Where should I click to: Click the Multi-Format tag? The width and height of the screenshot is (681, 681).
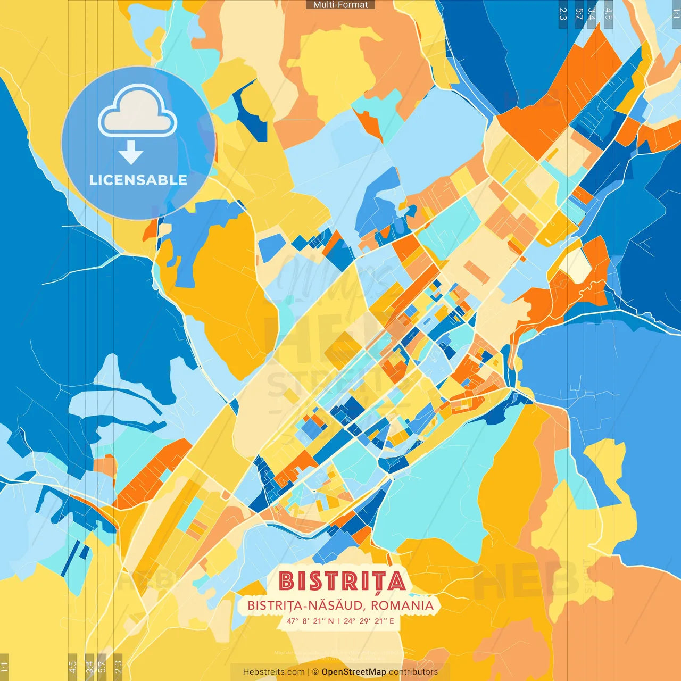coord(340,5)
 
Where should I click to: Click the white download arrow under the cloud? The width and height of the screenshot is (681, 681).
coord(131,153)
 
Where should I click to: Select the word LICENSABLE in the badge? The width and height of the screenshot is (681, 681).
coord(138,180)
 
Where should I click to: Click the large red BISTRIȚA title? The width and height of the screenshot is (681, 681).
coord(342,581)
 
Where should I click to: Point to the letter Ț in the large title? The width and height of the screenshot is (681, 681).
coord(376,582)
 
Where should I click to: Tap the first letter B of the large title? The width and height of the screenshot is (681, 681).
coord(287,581)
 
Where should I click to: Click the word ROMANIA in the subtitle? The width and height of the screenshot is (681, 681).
coord(402,605)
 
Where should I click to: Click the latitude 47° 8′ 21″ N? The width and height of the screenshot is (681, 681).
coord(310,621)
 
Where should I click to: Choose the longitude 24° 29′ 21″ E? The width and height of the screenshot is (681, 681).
coord(369,621)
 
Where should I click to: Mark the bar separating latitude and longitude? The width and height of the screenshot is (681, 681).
coord(338,621)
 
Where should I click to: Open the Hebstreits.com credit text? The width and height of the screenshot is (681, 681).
coord(274,672)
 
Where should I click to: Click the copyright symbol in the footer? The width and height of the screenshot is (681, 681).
coord(315,672)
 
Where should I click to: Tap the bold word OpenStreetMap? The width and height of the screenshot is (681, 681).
coord(354,672)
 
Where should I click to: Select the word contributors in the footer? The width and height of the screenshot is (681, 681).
coord(413,672)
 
